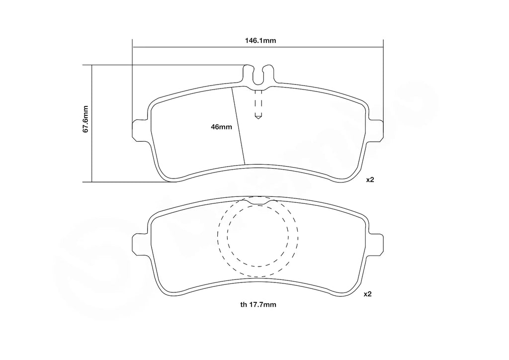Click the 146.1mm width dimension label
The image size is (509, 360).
pyautogui.click(x=258, y=41)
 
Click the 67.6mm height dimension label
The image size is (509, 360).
pyautogui.click(x=85, y=119)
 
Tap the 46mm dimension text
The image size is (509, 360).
pyautogui.click(x=221, y=127)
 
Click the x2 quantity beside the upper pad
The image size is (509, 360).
pyautogui.click(x=369, y=180)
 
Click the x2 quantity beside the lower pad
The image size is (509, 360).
pyautogui.click(x=368, y=294)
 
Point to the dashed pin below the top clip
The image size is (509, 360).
pyautogui.click(x=258, y=104)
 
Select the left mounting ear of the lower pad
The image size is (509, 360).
pyautogui.click(x=139, y=244)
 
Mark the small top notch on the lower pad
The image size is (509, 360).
pyautogui.click(x=258, y=201)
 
